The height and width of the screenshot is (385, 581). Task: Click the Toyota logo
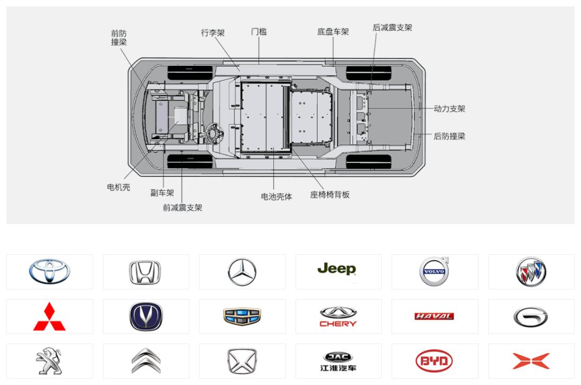coord(50,271)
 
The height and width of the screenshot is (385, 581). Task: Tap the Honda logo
coord(145,272)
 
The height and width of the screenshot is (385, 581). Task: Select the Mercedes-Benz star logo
coord(242,272)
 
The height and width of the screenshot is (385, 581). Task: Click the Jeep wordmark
coord(337,269)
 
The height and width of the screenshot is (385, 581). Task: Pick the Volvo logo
coord(435,271)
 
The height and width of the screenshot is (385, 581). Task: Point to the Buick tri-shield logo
coord(531,272)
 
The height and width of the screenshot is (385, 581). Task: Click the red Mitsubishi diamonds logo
coord(49,316)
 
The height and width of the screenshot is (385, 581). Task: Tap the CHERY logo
coord(338,316)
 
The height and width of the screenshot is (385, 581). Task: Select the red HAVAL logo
coord(434,316)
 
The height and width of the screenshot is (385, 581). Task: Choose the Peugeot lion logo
coord(49,361)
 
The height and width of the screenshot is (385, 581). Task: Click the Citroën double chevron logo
coord(146,361)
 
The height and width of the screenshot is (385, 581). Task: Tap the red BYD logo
coord(434,361)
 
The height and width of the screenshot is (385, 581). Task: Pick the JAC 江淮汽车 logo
coord(338,362)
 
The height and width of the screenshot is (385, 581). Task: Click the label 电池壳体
coord(276,196)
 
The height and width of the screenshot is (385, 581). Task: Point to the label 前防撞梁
coord(119,38)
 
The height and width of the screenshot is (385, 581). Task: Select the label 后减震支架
coord(393,28)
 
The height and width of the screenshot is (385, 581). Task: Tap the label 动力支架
coord(449,109)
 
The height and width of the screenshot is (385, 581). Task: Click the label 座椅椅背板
coord(330,195)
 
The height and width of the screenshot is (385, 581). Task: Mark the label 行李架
coord(213,32)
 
